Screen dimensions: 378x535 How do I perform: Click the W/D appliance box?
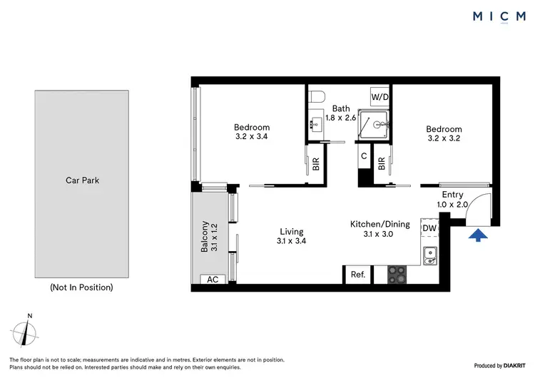[x=378, y=96]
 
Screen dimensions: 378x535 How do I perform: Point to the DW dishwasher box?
[x=429, y=228]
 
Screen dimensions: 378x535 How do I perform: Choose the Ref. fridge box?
[x=357, y=274]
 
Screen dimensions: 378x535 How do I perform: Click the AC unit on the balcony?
[x=213, y=280]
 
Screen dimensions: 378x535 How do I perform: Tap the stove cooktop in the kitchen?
[x=397, y=274]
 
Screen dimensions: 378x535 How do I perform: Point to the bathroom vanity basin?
[x=315, y=126]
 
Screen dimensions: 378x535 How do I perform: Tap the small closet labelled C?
[x=364, y=156]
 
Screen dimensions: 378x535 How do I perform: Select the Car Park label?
[x=81, y=180]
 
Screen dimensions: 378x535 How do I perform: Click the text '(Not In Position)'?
[x=81, y=288]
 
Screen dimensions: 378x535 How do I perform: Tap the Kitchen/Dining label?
[x=379, y=224]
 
